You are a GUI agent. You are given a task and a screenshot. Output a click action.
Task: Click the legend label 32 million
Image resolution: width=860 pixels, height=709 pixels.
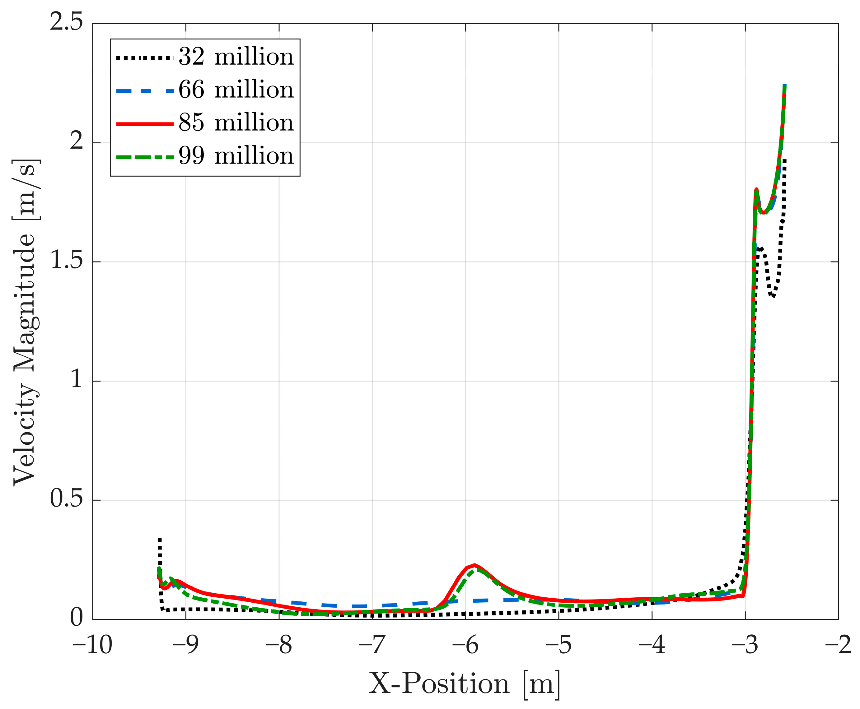click(236, 57)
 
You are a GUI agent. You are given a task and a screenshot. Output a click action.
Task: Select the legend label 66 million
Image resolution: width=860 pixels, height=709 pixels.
click(236, 90)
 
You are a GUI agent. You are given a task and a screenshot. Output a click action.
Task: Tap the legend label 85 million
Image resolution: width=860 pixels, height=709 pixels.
click(236, 123)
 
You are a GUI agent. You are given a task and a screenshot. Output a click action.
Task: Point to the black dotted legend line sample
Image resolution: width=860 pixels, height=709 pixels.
click(145, 58)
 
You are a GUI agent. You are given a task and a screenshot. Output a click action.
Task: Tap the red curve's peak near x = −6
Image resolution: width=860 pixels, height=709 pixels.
click(474, 565)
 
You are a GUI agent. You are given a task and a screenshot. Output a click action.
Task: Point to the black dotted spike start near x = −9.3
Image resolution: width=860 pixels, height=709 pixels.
click(160, 540)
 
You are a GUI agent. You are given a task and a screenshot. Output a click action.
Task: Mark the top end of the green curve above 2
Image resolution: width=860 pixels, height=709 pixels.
click(784, 86)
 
